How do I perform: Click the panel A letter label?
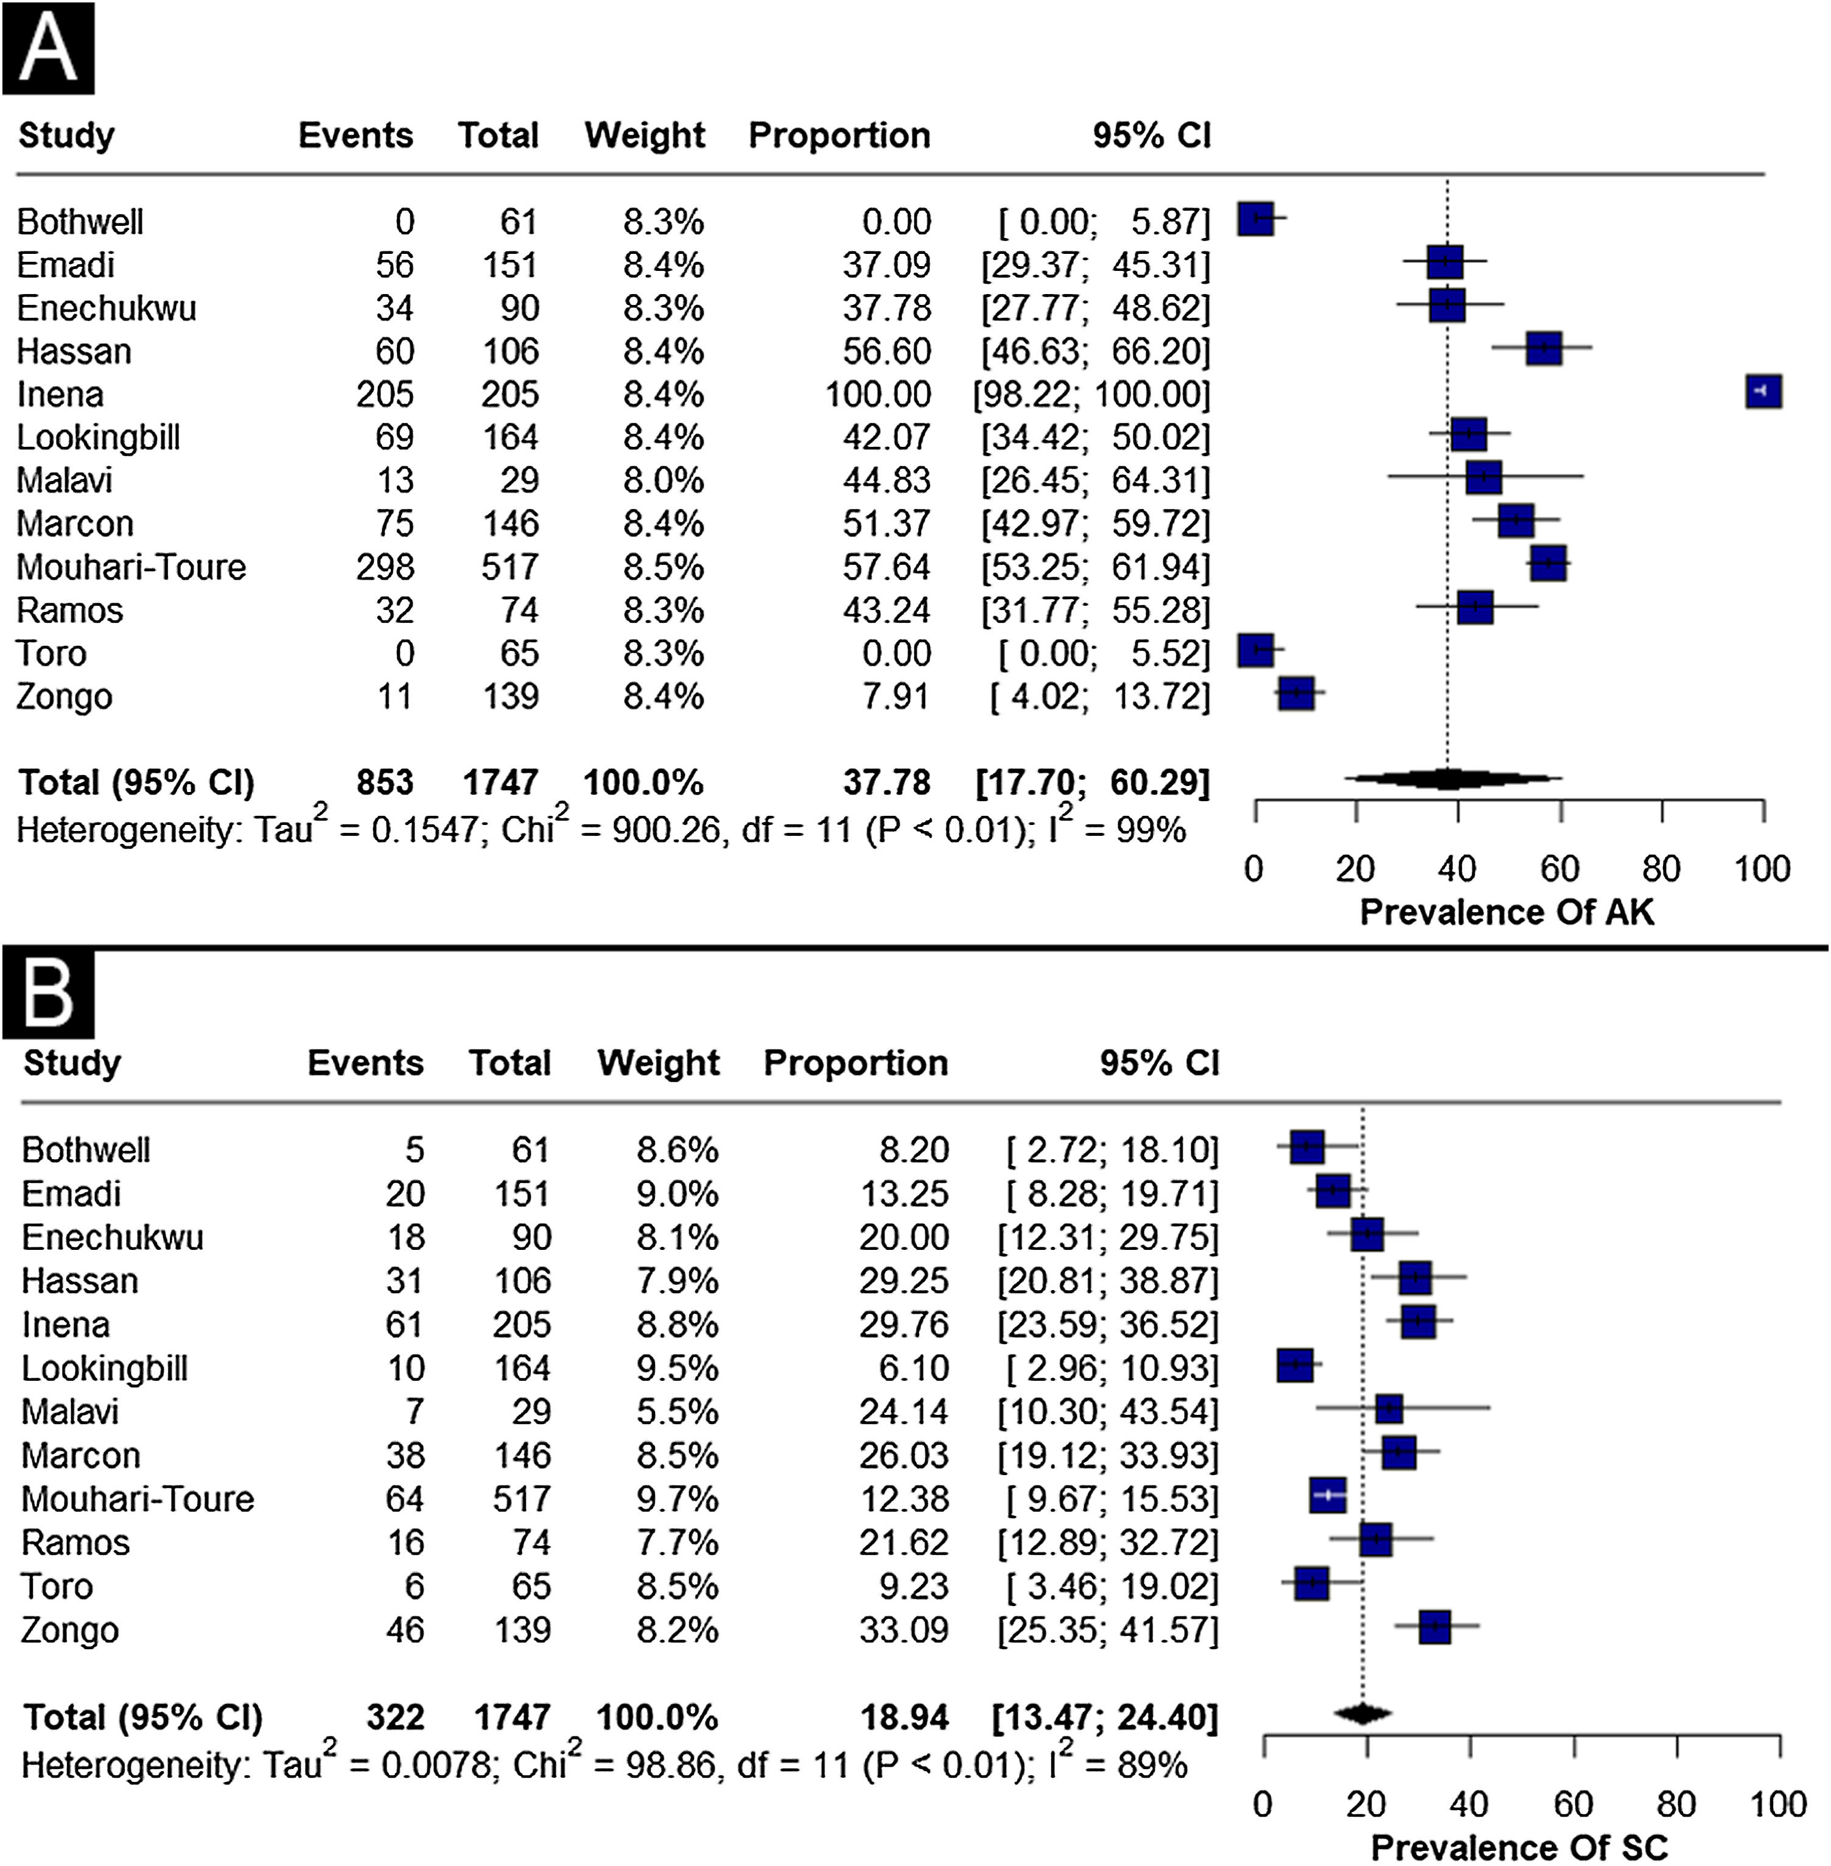tap(48, 48)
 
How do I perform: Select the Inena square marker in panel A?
tap(1763, 393)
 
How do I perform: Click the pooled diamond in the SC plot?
tap(1363, 1713)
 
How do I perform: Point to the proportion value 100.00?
tap(878, 395)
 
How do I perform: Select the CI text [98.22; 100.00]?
tap(1091, 395)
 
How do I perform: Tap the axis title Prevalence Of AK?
tap(1507, 912)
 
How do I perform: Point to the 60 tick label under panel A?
tap(1560, 869)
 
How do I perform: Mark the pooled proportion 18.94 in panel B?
tap(904, 1717)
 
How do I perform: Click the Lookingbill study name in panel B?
tap(105, 1369)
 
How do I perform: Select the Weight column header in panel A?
tap(645, 136)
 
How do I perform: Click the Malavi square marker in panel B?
tap(1388, 1409)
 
